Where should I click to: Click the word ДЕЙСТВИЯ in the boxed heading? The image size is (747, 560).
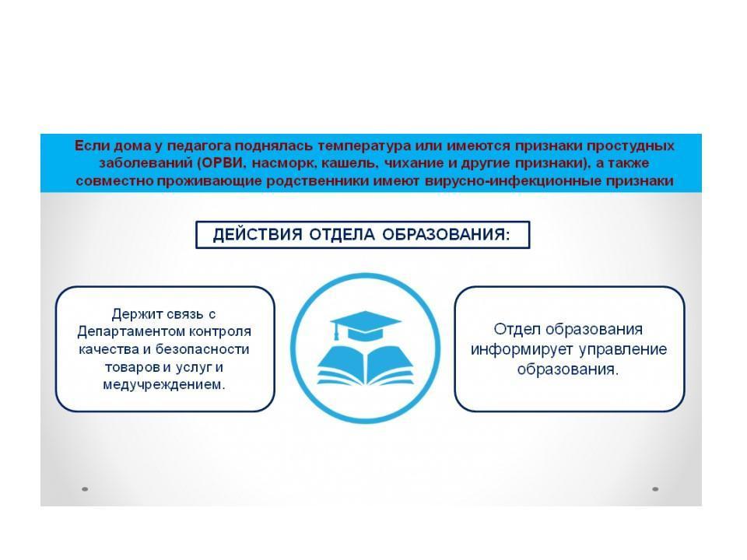point(258,235)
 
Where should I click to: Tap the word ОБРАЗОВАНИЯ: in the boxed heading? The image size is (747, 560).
point(446,234)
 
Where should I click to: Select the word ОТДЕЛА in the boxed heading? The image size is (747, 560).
point(342,235)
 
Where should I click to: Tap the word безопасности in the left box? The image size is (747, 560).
point(202,349)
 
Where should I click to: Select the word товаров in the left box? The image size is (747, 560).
point(132,368)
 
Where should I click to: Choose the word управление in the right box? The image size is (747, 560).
point(623,350)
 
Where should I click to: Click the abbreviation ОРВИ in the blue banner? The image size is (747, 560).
point(223,163)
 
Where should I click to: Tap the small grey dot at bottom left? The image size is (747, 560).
point(85,489)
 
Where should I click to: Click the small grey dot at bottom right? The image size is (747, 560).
point(655,489)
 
